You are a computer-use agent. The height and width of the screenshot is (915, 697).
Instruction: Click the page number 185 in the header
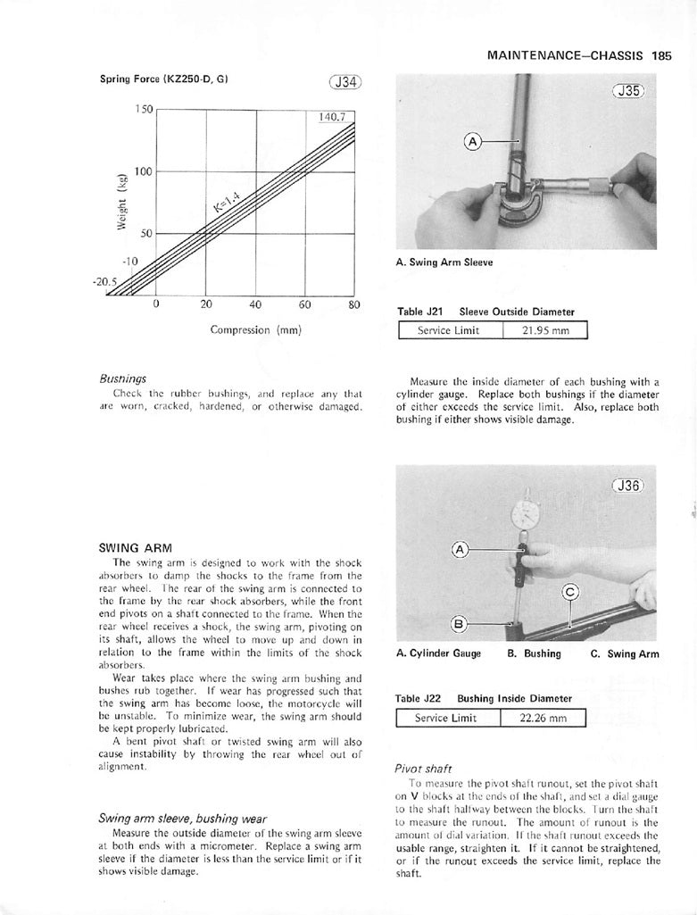click(x=661, y=55)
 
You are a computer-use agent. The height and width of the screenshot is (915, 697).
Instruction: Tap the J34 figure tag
click(x=344, y=83)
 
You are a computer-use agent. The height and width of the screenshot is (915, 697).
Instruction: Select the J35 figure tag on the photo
click(x=633, y=91)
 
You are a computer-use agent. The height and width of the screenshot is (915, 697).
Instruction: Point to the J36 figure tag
click(x=631, y=487)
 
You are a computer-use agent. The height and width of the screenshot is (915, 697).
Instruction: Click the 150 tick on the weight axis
click(x=144, y=109)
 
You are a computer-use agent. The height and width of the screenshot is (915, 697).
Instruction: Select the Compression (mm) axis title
click(x=255, y=329)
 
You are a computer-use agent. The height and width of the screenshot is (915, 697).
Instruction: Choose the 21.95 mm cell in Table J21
click(x=544, y=331)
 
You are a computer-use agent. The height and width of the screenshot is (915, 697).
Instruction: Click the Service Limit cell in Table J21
click(x=449, y=331)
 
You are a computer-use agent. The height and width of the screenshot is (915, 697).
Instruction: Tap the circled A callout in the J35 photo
click(x=474, y=141)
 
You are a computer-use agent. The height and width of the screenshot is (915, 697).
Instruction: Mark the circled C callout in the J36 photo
click(x=572, y=592)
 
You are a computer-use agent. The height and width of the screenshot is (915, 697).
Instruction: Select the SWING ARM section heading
click(x=136, y=547)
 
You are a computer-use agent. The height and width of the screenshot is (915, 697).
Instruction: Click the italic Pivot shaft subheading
click(x=423, y=768)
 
